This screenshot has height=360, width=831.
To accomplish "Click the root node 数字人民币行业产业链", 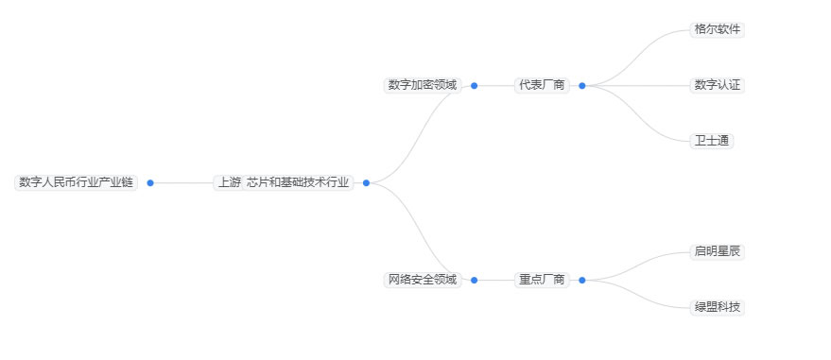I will point(77,182).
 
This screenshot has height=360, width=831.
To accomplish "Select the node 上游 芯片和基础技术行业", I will point(284,182).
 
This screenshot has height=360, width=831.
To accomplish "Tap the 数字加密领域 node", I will point(422,85).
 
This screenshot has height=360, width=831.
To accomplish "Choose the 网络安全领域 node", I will point(422,280).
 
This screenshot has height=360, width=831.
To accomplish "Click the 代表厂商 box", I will point(543,85).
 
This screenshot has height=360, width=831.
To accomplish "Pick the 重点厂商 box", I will point(543,280).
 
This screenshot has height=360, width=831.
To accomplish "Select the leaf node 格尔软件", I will point(718,29).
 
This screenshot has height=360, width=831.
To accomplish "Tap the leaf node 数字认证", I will point(718,85).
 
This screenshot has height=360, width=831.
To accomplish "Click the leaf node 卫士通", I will point(712,141).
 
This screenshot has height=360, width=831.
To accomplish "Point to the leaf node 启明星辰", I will point(718,251).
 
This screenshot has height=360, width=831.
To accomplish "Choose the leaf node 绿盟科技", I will point(718,307).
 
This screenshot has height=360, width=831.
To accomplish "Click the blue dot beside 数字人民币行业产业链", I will point(150,182).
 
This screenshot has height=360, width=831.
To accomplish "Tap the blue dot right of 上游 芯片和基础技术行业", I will point(366,182).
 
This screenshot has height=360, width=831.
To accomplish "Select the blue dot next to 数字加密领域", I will point(474,85).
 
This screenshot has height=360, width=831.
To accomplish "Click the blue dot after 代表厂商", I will point(581,85).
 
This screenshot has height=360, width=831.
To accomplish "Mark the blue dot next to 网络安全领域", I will point(474,280).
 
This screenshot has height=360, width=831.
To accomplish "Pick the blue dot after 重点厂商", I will point(581,280).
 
